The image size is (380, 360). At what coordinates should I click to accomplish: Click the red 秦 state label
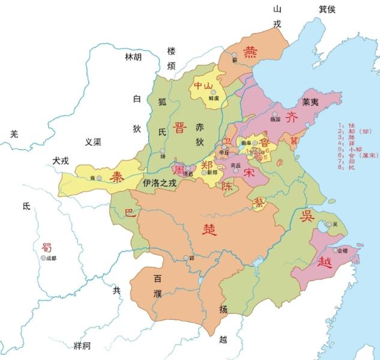pyautogui.click(x=114, y=175)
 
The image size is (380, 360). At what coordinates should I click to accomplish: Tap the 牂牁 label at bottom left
pyautogui.click(x=81, y=345)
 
